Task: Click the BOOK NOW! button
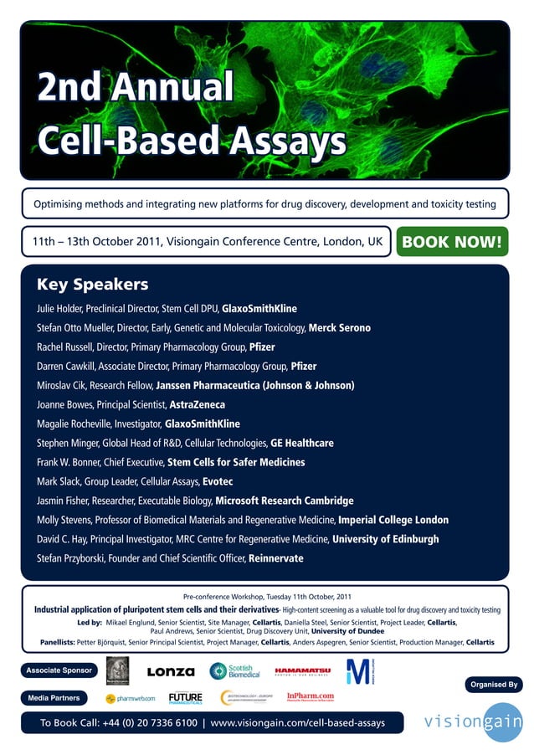452,243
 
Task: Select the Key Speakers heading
92,285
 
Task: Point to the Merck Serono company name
340,328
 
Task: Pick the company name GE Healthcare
302,443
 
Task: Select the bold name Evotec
218,481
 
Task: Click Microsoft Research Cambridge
285,501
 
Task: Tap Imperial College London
393,520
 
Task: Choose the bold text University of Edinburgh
386,539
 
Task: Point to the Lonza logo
171,671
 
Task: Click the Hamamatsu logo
303,671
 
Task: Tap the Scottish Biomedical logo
235,671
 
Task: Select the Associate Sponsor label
58,671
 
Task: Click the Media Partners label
54,697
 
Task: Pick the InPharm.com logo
311,696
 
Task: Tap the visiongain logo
473,722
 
